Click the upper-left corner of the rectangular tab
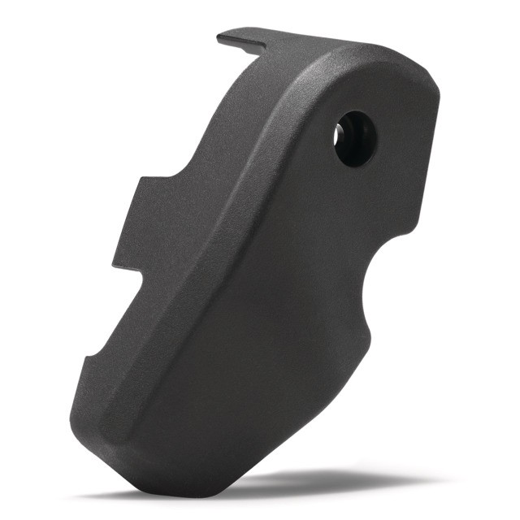pyautogui.click(x=136, y=181)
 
